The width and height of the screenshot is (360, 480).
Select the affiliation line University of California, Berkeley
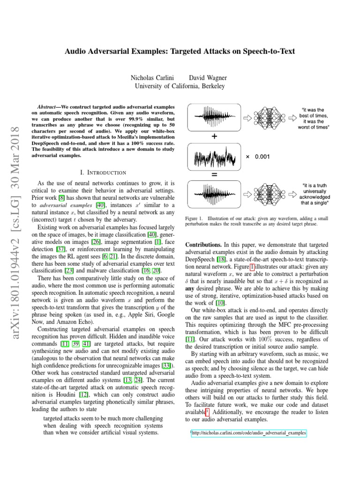click(x=180, y=86)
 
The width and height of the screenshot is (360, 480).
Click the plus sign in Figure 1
click(x=214, y=137)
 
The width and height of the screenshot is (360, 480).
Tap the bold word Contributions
click(x=204, y=245)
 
